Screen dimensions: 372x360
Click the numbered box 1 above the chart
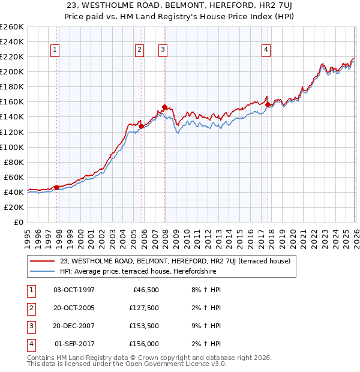(55, 50)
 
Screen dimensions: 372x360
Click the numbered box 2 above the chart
(139, 50)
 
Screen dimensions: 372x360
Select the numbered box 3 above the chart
(163, 50)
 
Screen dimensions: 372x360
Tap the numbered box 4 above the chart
(266, 50)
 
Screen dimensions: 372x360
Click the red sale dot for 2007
(164, 107)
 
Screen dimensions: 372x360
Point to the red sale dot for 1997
(56, 187)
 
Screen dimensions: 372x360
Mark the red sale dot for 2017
(268, 104)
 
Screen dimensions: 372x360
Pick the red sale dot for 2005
(141, 126)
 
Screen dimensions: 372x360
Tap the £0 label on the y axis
(18, 222)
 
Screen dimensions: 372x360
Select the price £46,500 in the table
(146, 290)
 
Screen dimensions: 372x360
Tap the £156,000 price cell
(144, 344)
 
